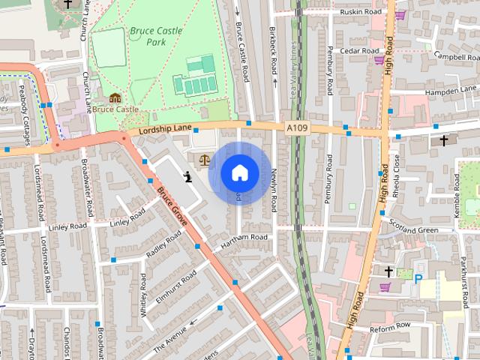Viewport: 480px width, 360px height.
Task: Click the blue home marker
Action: pyautogui.click(x=239, y=173)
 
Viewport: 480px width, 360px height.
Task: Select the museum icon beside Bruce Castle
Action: pyautogui.click(x=115, y=99)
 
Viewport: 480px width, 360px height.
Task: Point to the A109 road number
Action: pyautogui.click(x=296, y=128)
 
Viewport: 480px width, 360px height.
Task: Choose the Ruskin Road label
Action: pyautogui.click(x=360, y=13)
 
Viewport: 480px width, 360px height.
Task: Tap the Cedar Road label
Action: pyautogui.click(x=360, y=51)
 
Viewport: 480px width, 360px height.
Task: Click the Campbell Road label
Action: pyautogui.click(x=454, y=57)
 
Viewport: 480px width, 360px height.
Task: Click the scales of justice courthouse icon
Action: pyautogui.click(x=204, y=160)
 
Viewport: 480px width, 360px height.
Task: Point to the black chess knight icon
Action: pyautogui.click(x=186, y=178)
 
